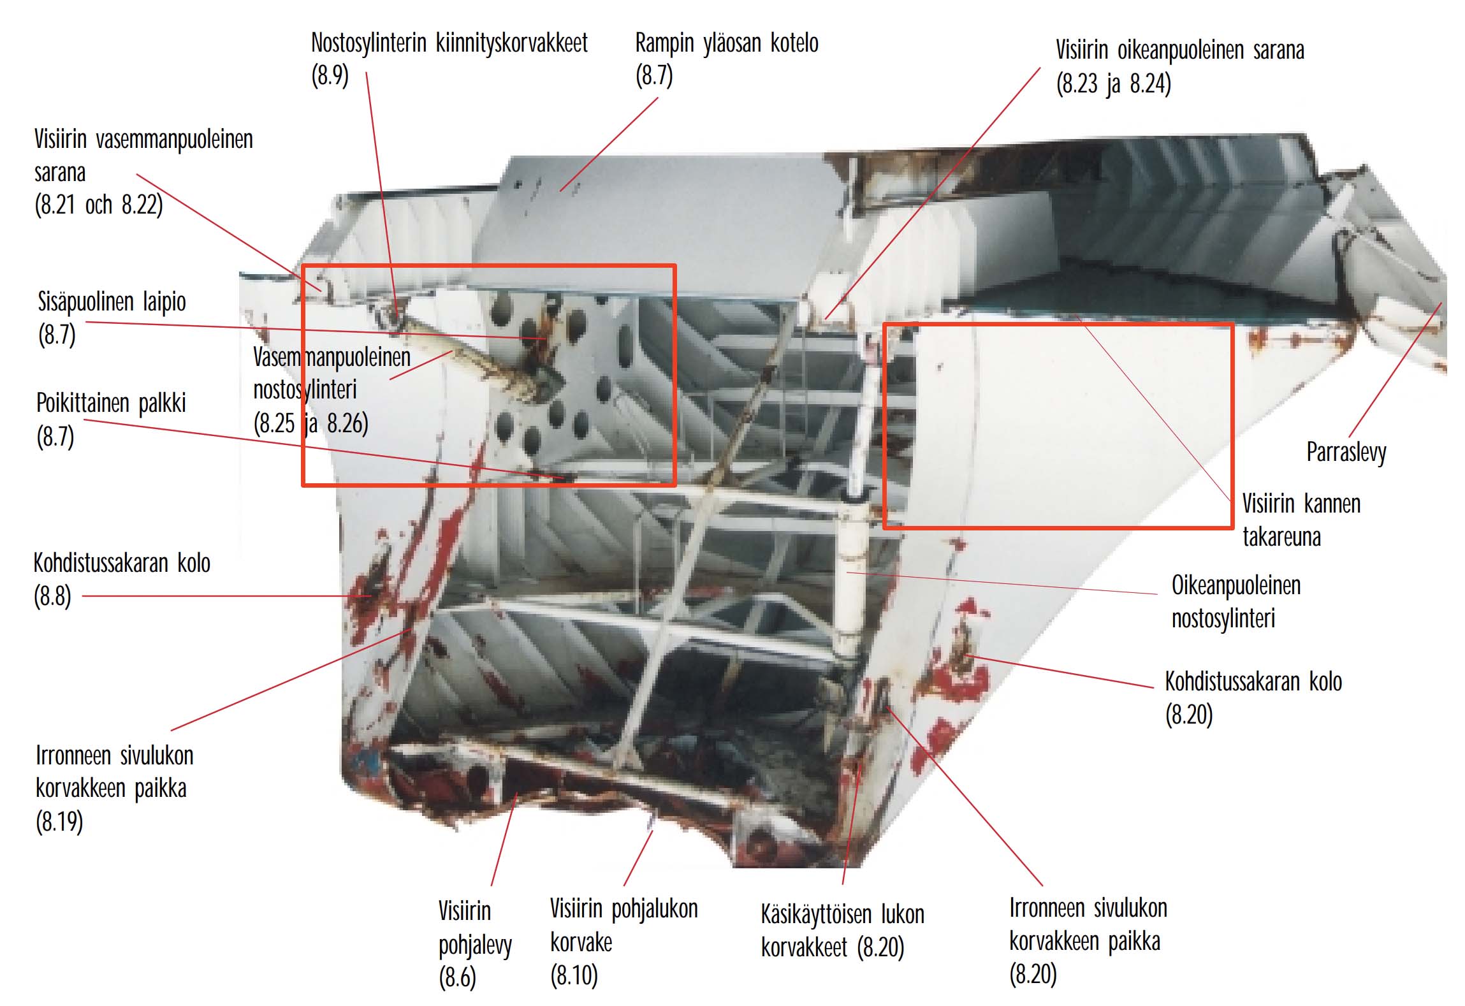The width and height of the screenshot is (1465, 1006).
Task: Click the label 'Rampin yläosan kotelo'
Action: (x=727, y=43)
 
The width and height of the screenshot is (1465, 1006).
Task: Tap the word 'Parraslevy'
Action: (x=1346, y=453)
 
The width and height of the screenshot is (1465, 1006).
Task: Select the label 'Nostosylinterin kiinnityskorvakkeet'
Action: (x=449, y=43)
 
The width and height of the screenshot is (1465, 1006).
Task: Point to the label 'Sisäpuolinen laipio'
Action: (x=112, y=302)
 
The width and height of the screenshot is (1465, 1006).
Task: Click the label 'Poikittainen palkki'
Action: (x=111, y=404)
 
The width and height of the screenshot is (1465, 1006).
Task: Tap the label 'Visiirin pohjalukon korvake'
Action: (x=624, y=926)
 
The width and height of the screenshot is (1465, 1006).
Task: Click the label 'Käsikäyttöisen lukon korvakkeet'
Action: (x=842, y=931)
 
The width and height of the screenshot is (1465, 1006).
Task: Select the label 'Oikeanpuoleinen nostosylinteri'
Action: (x=1235, y=602)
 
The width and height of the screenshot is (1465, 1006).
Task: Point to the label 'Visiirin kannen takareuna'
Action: (x=1301, y=520)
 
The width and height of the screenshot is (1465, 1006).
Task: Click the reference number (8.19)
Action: (x=59, y=822)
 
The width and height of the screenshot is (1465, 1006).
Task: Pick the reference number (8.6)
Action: (x=457, y=977)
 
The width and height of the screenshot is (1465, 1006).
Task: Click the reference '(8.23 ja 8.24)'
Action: (x=1113, y=84)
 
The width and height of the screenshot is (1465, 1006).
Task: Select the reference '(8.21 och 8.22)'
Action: (x=99, y=205)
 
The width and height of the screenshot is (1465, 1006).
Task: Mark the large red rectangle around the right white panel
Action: (x=884, y=426)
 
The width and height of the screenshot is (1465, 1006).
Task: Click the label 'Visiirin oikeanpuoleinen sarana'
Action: (x=1179, y=50)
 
